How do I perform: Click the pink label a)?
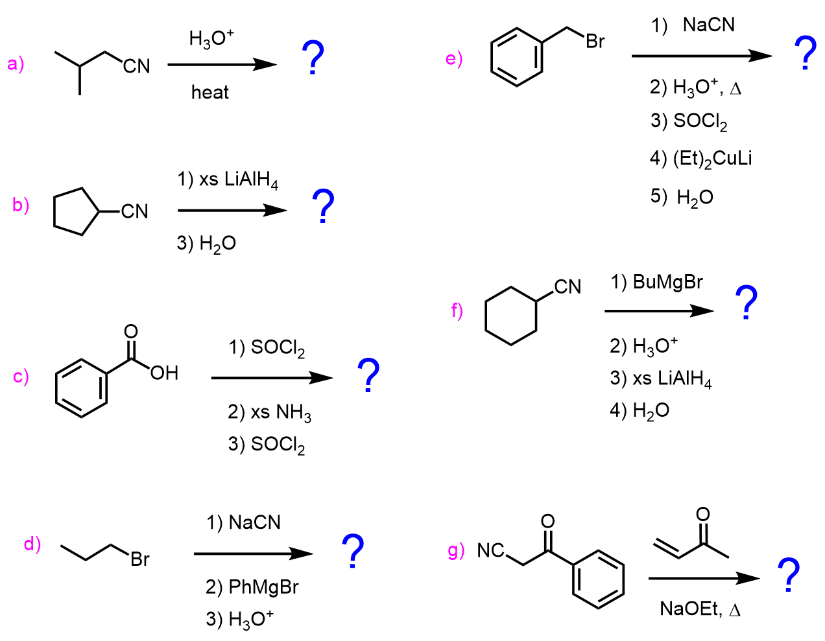coord(16,64)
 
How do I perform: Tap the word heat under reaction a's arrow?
coord(209,93)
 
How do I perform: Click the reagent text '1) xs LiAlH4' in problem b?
coord(228,180)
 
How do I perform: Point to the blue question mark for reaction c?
coord(368,375)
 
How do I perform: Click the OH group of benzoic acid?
coord(164,373)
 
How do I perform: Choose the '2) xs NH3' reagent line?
coord(269,412)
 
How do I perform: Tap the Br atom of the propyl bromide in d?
coord(139,559)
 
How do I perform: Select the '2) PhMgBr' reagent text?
coord(252,587)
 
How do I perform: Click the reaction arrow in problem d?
coord(253,554)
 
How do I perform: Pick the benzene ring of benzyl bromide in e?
coord(517,57)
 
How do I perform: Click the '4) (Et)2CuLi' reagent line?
coord(700,158)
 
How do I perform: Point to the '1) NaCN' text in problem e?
coord(693,25)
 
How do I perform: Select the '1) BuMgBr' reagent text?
coord(656,282)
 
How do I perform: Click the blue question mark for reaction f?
coord(746,303)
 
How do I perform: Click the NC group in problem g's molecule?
coord(490,551)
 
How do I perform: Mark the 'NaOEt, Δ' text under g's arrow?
coord(700,609)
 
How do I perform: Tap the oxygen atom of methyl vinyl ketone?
coord(702,514)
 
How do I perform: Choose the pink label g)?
coord(456,551)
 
